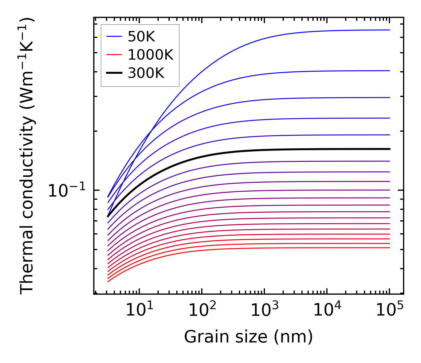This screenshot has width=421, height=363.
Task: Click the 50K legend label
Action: click(x=142, y=37)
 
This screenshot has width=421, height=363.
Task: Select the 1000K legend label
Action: click(x=151, y=55)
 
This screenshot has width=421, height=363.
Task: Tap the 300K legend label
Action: click(x=146, y=73)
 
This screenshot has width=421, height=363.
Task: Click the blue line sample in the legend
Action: click(x=114, y=36)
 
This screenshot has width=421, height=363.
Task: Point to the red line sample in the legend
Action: click(x=114, y=55)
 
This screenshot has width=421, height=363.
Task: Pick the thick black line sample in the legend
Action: click(x=114, y=73)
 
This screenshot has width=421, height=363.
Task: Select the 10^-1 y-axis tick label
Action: click(x=67, y=191)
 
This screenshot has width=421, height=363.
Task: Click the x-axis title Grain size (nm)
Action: click(x=248, y=337)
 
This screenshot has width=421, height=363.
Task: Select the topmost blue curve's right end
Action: click(x=389, y=30)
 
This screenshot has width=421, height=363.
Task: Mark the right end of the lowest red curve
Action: click(x=389, y=248)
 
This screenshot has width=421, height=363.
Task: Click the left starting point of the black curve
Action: click(x=108, y=216)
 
